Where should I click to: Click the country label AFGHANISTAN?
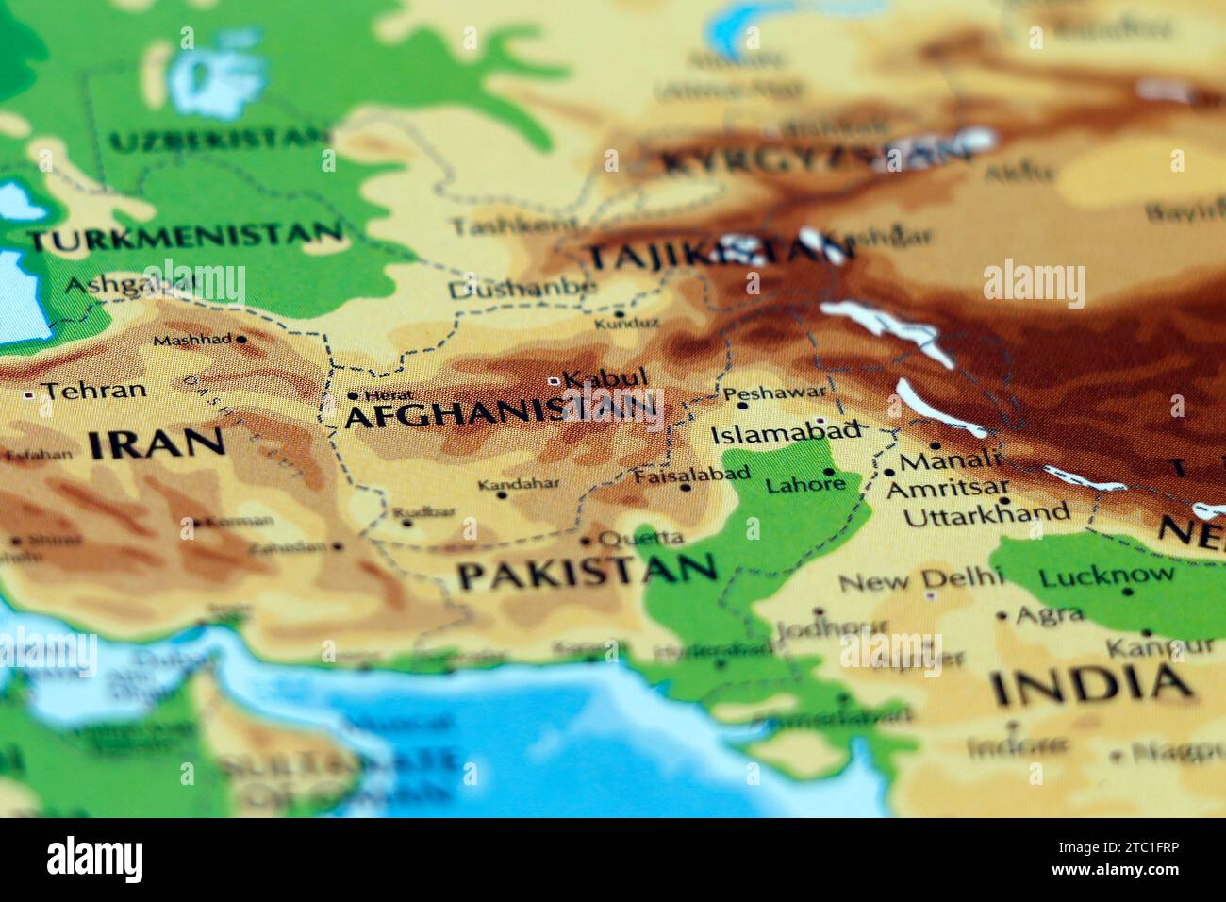tap(500, 412)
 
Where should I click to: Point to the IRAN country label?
tap(157, 443)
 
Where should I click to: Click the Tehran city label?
tap(95, 391)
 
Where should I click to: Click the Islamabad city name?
tap(787, 433)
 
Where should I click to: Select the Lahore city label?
tap(804, 486)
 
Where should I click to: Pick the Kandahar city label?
tap(519, 485)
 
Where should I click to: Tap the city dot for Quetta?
tap(586, 542)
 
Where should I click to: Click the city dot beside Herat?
tap(353, 396)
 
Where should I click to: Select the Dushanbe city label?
tap(522, 289)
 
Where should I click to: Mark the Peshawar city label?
tap(774, 391)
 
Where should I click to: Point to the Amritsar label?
tap(947, 489)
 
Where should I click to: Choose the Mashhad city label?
tap(192, 340)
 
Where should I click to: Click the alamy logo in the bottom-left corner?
tap(95, 858)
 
